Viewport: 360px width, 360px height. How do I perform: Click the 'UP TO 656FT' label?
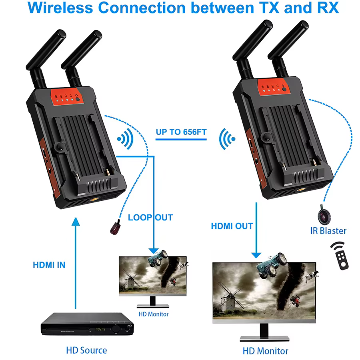click(181, 132)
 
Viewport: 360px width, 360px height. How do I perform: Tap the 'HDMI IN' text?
click(49, 265)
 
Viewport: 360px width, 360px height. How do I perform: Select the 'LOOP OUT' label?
click(150, 218)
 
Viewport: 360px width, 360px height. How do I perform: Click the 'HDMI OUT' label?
click(232, 226)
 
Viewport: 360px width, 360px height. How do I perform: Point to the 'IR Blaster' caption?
click(328, 231)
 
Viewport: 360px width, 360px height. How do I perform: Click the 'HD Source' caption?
click(86, 350)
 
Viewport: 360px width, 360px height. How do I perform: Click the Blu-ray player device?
click(87, 324)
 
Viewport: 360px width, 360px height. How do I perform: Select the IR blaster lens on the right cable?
click(324, 215)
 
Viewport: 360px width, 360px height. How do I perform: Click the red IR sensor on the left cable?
click(116, 228)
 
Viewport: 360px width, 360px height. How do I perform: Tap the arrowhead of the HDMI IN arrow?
click(76, 222)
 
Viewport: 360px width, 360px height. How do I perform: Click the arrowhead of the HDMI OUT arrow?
click(256, 255)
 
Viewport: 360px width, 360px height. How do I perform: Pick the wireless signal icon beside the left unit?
click(126, 139)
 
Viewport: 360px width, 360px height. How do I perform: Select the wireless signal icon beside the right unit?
click(227, 139)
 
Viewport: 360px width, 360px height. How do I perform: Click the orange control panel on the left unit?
click(67, 97)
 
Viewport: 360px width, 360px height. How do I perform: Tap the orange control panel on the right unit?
click(274, 87)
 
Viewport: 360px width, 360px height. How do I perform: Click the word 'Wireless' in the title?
click(60, 8)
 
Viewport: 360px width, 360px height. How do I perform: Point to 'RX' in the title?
click(328, 8)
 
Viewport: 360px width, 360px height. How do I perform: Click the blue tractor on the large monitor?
click(271, 265)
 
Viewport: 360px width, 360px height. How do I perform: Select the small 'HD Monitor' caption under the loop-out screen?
click(154, 314)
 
